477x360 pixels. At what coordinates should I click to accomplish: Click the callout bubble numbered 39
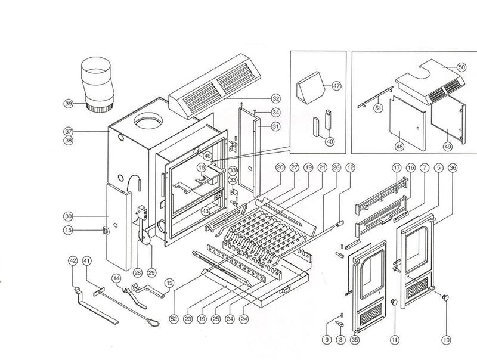pos(69,104)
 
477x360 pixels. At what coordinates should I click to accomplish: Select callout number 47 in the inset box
pos(336,86)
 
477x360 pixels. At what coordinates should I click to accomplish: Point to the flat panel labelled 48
pos(407,121)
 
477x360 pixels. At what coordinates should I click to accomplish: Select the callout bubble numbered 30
pos(69,216)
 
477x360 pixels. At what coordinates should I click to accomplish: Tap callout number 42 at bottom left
pos(73,260)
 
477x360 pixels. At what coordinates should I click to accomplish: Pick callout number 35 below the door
pos(355,340)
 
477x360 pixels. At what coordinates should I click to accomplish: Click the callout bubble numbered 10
pos(445,340)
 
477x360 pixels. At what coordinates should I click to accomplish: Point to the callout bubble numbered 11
pos(394,340)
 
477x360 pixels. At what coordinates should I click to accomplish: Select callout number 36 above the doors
pos(454,168)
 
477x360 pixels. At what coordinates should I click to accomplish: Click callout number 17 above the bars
pos(395,168)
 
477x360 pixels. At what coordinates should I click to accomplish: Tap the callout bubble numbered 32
pos(275,98)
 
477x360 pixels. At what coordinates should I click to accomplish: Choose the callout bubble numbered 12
pos(350,168)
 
